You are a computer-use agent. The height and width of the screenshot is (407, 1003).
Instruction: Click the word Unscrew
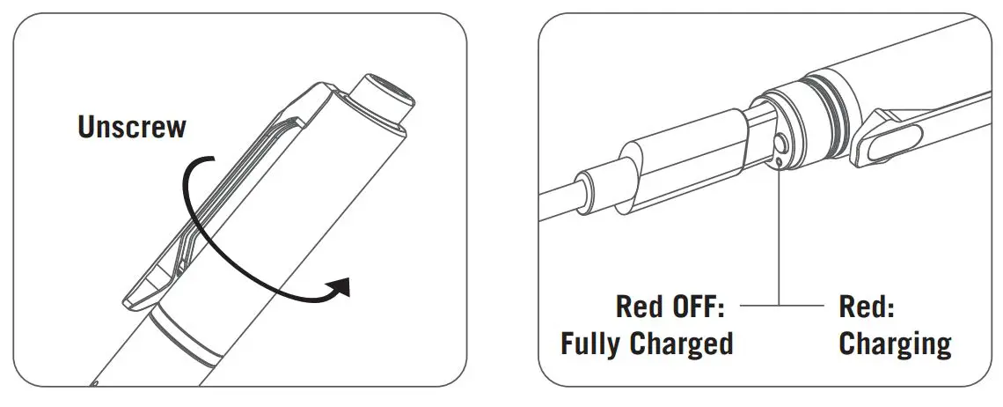[132, 127]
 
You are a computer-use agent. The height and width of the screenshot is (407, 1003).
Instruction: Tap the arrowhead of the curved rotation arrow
[340, 288]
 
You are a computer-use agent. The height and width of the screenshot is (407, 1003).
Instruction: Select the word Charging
[895, 344]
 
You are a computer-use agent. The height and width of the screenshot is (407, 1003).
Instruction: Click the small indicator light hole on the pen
[780, 159]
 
